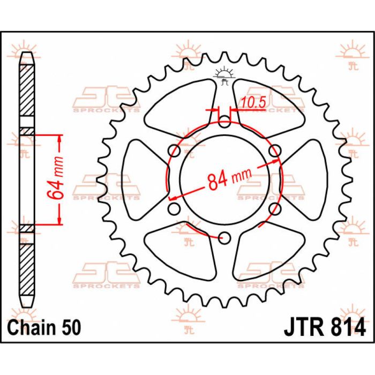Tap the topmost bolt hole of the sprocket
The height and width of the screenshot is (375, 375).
224,122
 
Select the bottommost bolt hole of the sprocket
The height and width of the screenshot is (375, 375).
224,237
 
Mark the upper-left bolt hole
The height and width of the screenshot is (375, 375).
174,151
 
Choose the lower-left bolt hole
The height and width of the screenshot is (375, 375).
174,208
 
